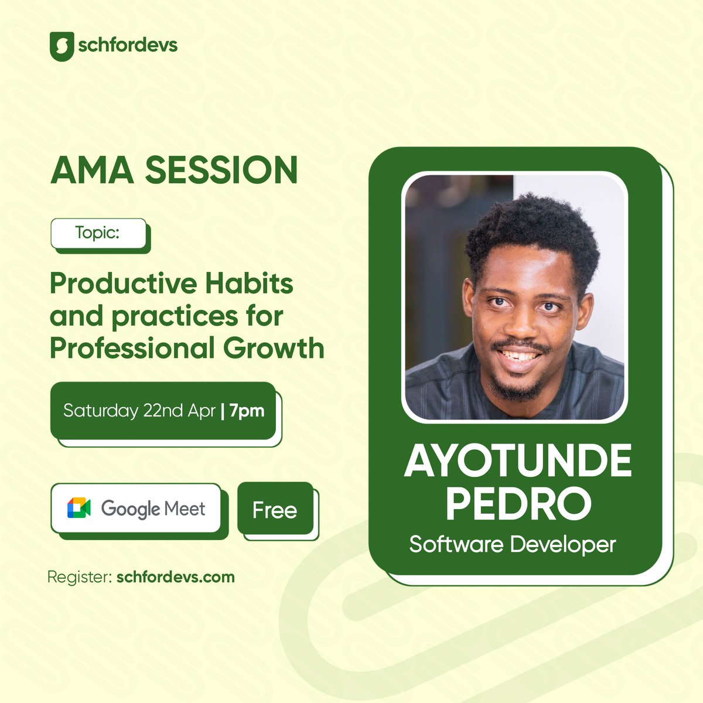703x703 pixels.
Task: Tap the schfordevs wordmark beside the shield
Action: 127,45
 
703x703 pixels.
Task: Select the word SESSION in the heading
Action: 221,170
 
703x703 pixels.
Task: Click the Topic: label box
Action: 98,233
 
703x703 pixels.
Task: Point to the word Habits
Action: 250,284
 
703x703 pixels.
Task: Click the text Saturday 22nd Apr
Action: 139,411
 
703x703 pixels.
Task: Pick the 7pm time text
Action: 247,411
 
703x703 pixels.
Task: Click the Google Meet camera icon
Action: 79,508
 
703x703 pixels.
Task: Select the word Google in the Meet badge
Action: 129,509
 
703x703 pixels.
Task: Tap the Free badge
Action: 275,510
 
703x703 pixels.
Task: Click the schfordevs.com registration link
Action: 176,576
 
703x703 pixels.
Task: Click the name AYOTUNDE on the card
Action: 518,463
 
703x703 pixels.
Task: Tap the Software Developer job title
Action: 513,544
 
